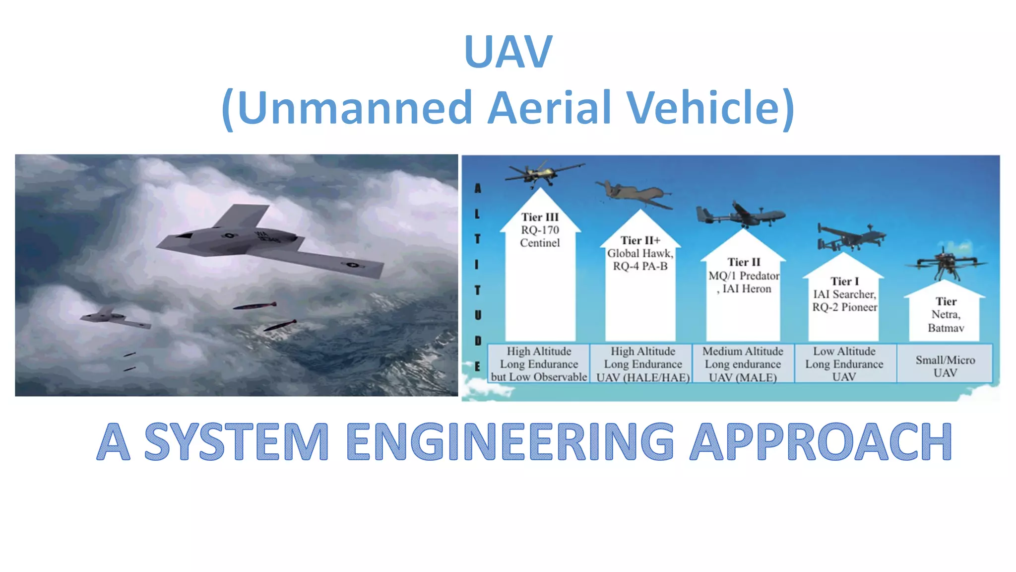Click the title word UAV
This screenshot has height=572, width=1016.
[x=508, y=52]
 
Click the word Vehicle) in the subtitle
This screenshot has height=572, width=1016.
[x=709, y=108]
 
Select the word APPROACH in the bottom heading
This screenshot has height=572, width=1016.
[x=821, y=441]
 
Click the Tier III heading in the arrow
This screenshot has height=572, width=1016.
[x=540, y=217]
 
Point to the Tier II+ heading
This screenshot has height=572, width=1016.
[x=640, y=240]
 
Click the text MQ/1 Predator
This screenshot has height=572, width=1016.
[x=743, y=276]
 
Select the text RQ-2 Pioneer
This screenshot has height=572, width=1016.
[x=844, y=307]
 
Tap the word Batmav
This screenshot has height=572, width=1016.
[x=946, y=328]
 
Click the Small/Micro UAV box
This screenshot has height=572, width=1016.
[x=945, y=366]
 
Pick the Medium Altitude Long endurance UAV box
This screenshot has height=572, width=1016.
[x=743, y=364]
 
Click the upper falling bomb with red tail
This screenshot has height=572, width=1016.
[x=255, y=306]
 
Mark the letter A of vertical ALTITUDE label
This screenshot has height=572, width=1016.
[x=477, y=188]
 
